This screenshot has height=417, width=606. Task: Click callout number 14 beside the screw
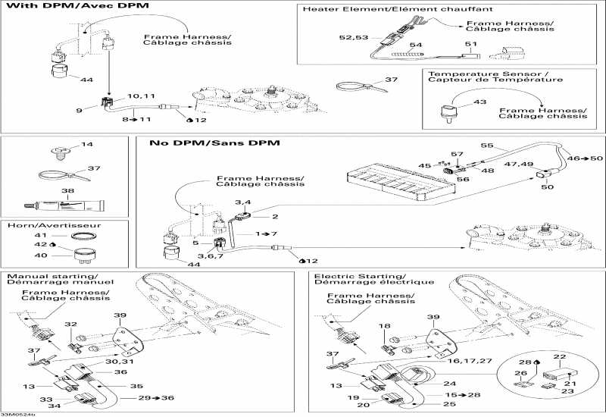coord(86,144)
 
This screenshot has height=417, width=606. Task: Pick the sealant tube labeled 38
coord(67,205)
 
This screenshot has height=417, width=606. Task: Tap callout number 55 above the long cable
coord(486,145)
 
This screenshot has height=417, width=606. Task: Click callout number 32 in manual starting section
coord(70,325)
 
